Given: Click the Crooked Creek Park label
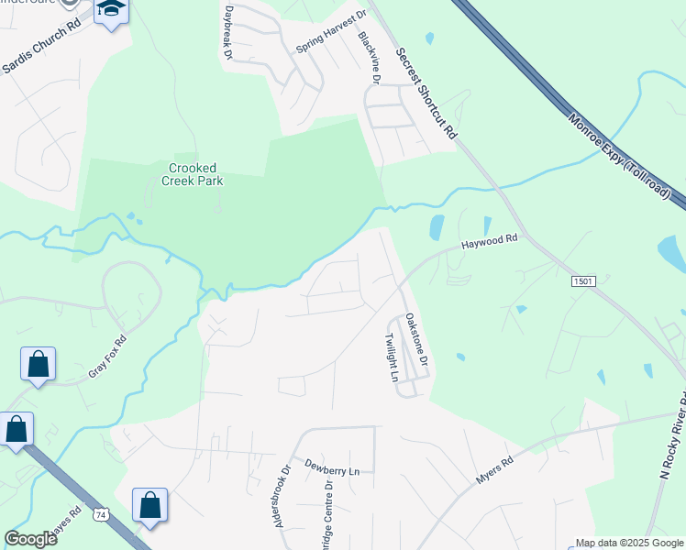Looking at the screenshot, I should click(x=196, y=174).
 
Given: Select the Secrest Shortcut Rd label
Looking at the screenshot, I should click(x=426, y=92).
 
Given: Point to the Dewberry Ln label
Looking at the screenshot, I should click(x=333, y=470).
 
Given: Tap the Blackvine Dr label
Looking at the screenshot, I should click(x=370, y=56).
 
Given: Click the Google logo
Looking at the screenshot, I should click(x=30, y=539).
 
